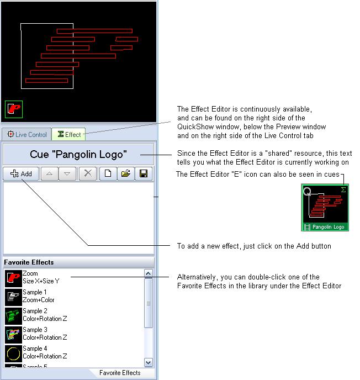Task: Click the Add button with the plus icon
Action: click(21, 173)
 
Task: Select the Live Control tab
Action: click(27, 134)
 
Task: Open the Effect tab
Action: click(68, 134)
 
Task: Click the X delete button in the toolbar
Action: click(88, 173)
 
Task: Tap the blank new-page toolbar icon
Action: click(108, 173)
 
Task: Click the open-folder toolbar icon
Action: click(126, 173)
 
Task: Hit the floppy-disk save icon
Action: click(144, 173)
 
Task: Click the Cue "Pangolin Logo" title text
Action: click(78, 155)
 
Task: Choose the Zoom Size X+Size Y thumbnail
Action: click(13, 278)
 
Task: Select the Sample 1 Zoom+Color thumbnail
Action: click(13, 297)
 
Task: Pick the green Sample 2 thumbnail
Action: click(13, 316)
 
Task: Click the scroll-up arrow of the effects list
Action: click(149, 273)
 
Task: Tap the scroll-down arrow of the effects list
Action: click(149, 362)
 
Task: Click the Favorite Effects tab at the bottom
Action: click(120, 373)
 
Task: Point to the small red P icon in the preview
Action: click(14, 109)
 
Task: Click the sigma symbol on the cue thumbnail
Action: click(343, 189)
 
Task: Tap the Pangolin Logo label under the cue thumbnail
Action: click(328, 227)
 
